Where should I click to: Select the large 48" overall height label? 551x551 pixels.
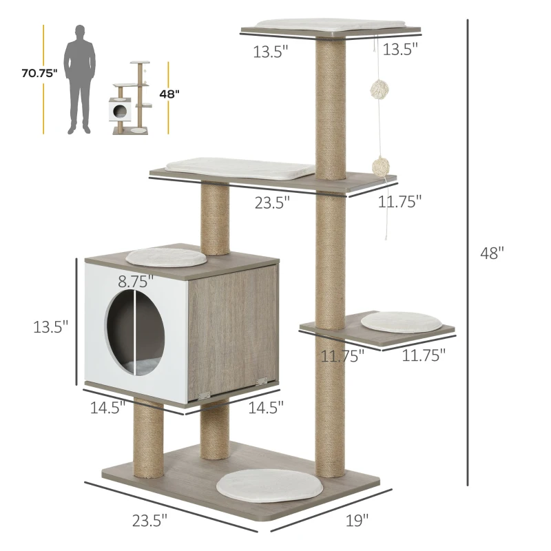coord(492,253)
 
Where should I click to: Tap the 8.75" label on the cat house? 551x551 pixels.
coord(135,281)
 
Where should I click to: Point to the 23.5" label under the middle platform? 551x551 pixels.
coord(273,201)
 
